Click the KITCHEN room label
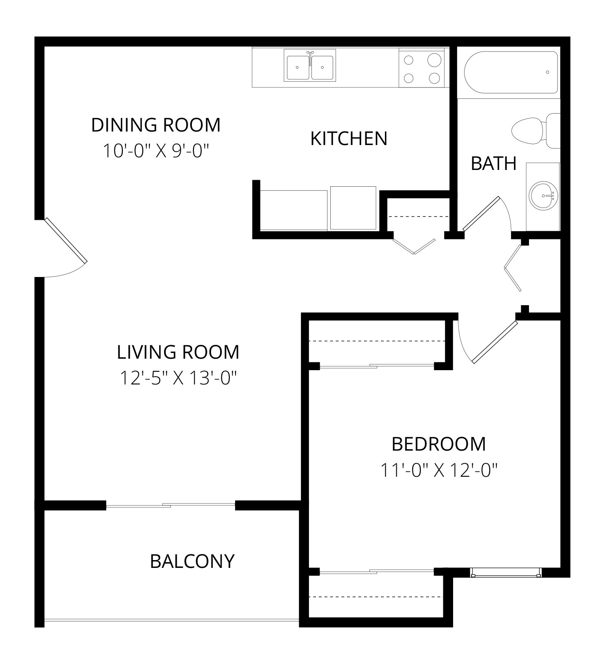(x=349, y=138)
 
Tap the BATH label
(x=494, y=163)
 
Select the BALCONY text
(x=192, y=561)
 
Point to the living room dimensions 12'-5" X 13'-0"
(x=178, y=378)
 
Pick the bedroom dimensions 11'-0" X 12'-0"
(x=439, y=470)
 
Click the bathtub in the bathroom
(x=511, y=72)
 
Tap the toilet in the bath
(x=536, y=131)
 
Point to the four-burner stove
(x=421, y=68)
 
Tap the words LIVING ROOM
(x=178, y=352)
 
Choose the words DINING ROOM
(x=156, y=125)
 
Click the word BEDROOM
(x=439, y=444)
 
